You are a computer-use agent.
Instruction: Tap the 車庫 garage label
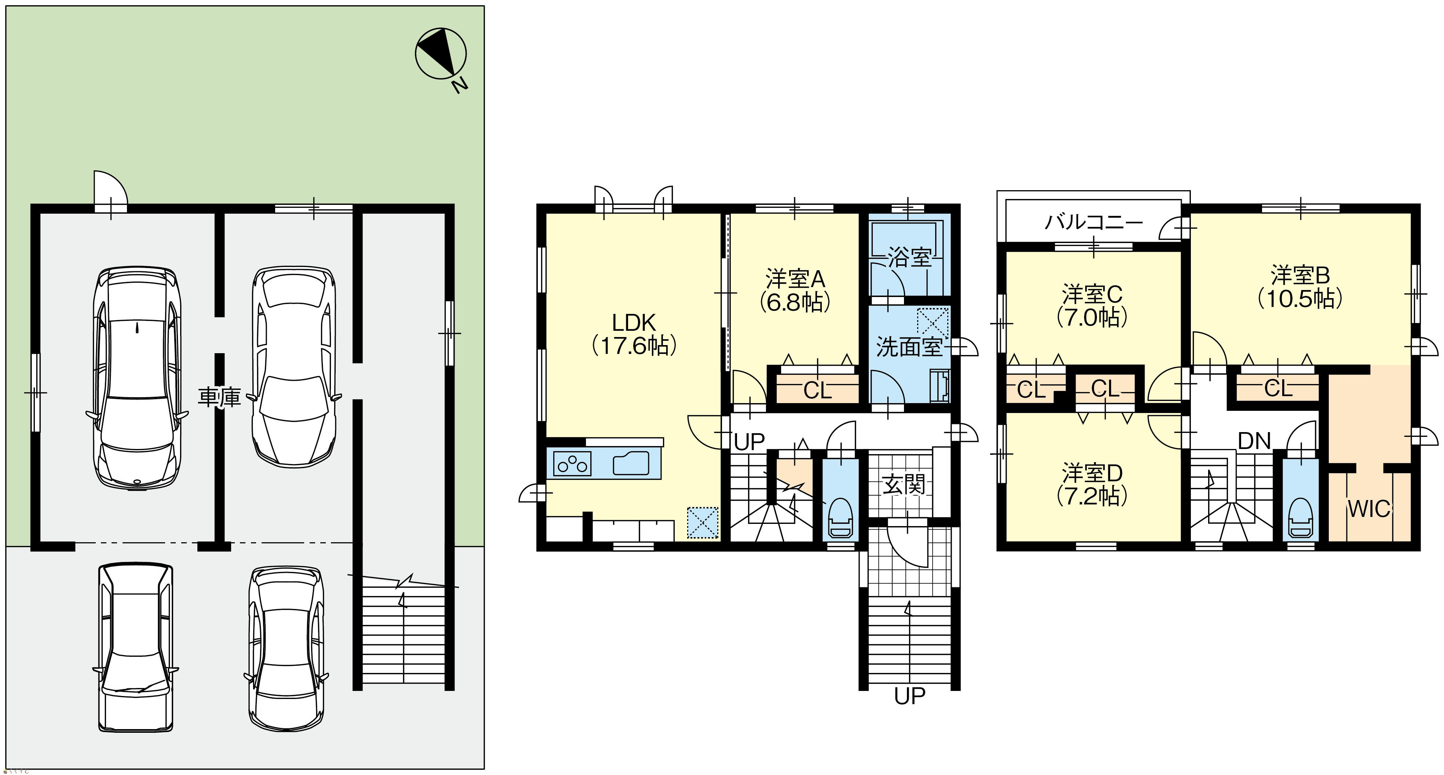coord(219,397)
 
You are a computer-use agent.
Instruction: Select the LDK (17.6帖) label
coord(634,334)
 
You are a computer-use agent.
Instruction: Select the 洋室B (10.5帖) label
coord(1300,287)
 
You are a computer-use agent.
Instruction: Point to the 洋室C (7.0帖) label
coord(1092,306)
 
